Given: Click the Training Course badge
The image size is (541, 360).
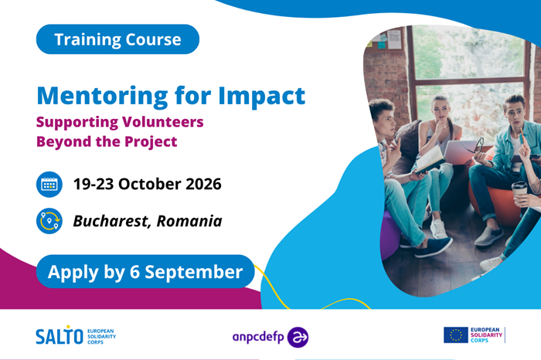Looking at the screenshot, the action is pos(117,39).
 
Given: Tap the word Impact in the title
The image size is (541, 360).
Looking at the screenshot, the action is pos(262,96).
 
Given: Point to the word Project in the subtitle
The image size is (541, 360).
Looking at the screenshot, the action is pos(151,142).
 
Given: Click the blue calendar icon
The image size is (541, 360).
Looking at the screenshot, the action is pos(49,185).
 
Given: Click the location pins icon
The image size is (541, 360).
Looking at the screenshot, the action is pos(49,221).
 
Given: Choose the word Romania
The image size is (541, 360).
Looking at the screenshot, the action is pos(189,221).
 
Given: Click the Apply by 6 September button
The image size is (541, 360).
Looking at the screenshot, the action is pos(145,272).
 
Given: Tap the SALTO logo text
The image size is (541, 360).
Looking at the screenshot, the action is pos(60,335).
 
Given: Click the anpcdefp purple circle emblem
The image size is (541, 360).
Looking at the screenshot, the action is pos(298,338).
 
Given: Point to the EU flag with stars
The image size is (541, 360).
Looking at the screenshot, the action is pos(456,335).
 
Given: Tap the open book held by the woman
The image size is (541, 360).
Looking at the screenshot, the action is pos(430,160).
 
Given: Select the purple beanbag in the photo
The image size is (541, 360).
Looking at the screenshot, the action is pos(390,236).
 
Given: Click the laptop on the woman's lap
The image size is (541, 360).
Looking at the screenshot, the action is pos(459,152).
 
